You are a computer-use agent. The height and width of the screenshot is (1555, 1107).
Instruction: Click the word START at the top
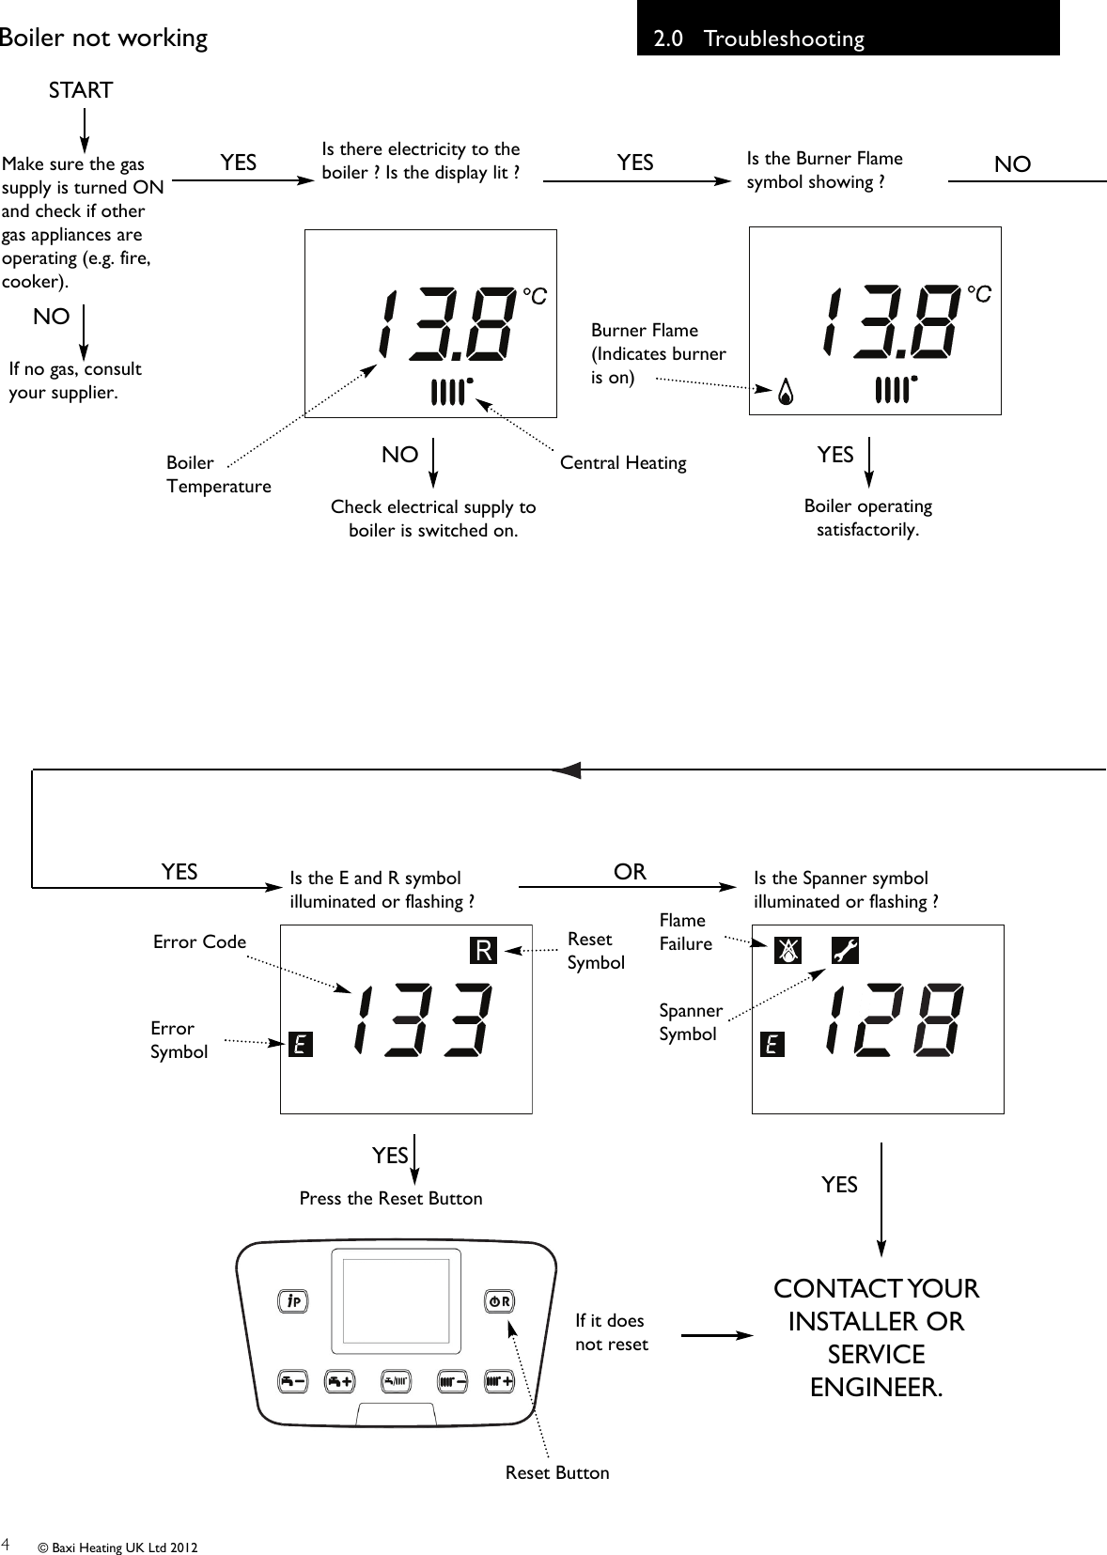[x=81, y=90]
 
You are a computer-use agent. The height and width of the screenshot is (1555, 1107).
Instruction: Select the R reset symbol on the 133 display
[x=483, y=951]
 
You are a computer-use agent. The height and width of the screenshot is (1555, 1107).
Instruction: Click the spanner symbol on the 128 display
[x=845, y=952]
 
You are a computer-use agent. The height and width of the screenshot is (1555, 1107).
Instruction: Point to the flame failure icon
[x=787, y=952]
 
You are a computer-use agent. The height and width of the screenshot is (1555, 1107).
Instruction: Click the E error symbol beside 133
[x=300, y=1044]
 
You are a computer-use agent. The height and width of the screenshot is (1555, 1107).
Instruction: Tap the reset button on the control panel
[x=499, y=1301]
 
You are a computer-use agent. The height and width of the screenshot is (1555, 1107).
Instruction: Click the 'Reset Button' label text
[x=557, y=1472]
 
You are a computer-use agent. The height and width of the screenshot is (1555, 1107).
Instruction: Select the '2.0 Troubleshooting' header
[x=759, y=39]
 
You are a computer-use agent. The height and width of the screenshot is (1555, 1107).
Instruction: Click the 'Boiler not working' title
[x=103, y=38]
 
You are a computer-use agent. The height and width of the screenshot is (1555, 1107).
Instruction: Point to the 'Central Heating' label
[x=623, y=462]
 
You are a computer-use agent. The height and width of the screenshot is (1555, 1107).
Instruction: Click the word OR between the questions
[x=630, y=872]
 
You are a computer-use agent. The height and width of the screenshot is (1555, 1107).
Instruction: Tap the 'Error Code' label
[x=199, y=941]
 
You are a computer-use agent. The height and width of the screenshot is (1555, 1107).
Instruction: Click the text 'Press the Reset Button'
[x=391, y=1198]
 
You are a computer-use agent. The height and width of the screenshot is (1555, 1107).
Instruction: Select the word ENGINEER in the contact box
[x=876, y=1387]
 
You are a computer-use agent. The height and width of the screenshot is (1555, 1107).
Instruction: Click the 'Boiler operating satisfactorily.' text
[x=867, y=518]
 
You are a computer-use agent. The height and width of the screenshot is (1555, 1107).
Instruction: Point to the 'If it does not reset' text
[x=612, y=1331]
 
